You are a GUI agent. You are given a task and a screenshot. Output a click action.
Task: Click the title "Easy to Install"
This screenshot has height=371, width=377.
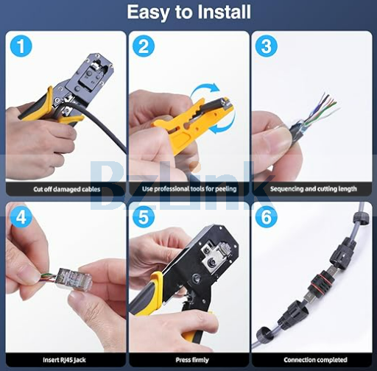[x=188, y=12]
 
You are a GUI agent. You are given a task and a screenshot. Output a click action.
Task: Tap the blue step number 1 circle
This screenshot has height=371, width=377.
[x=21, y=46]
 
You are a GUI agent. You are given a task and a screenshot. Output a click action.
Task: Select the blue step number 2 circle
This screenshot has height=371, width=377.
[x=144, y=46]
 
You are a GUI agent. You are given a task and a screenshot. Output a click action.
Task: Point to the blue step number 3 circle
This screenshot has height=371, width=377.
[x=267, y=46]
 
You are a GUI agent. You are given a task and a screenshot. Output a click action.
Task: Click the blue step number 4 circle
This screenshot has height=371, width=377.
[x=21, y=216]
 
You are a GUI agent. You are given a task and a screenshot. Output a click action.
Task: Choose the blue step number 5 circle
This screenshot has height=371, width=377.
[x=144, y=216]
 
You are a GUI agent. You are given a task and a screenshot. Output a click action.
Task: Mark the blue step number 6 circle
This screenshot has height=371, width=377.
[x=267, y=216]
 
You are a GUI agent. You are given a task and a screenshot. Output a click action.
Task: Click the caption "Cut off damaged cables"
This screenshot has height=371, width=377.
[x=67, y=189]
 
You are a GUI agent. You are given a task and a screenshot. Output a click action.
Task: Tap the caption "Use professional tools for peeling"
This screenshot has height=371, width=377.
[x=189, y=188]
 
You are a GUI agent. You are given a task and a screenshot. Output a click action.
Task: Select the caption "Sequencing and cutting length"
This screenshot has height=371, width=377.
[x=314, y=188]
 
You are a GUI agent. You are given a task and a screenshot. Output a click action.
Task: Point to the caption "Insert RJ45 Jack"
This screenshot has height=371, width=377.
[x=64, y=360]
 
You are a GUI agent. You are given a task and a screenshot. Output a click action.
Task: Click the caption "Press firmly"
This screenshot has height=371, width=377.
[x=192, y=360]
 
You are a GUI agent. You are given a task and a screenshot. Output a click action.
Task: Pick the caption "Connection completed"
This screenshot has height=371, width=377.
[x=315, y=360]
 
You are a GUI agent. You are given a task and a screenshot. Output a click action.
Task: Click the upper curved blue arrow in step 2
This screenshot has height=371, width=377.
[x=204, y=91]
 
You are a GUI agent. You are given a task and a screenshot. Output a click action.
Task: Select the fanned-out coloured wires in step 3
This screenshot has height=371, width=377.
[x=322, y=110]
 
